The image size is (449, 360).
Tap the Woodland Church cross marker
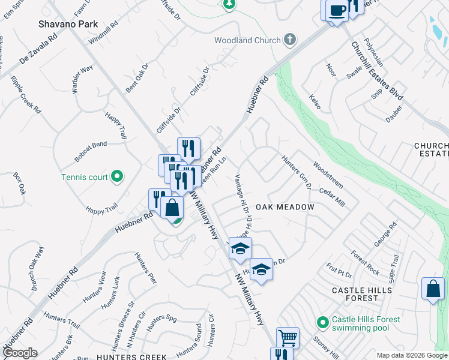click(289, 40)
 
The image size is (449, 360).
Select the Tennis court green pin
click(117, 177)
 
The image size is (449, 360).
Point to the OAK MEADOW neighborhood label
click(285, 207)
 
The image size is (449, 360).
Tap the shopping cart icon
click(288, 337)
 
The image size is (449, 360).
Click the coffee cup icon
click(337, 10)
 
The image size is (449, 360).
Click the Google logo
click(20, 353)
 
